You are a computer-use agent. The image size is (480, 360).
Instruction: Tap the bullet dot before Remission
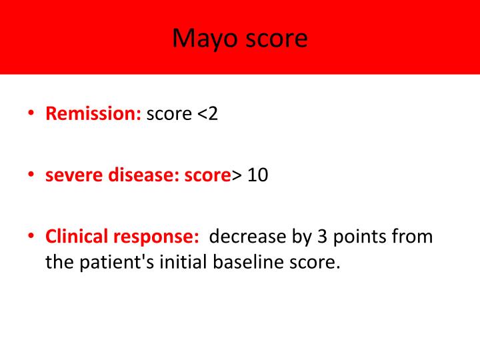click(x=31, y=114)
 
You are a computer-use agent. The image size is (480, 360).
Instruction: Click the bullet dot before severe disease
click(x=31, y=176)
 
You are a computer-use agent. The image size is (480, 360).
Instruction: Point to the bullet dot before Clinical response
click(x=31, y=237)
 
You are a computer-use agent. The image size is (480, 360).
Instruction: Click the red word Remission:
click(x=93, y=114)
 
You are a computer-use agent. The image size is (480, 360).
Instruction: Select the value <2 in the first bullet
click(x=207, y=114)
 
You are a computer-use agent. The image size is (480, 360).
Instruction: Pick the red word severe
click(x=71, y=176)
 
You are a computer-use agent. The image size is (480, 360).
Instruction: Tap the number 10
click(x=257, y=176)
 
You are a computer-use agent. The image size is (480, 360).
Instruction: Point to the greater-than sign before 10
click(x=237, y=177)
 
